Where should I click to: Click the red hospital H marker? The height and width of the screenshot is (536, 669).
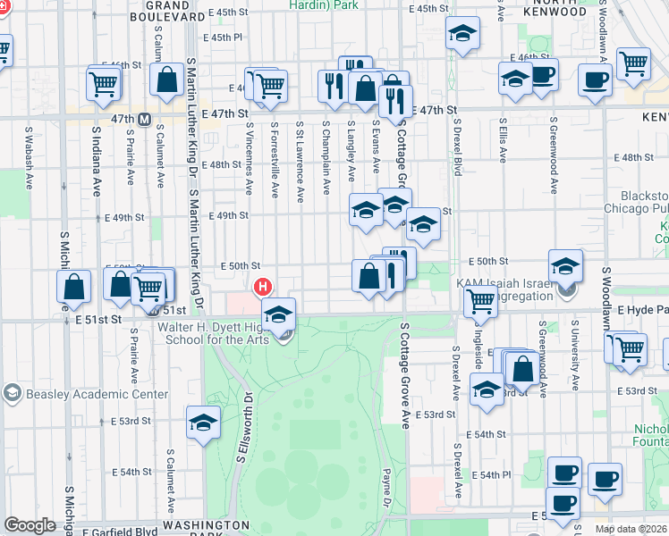(263, 287)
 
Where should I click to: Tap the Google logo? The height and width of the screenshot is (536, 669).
(30, 525)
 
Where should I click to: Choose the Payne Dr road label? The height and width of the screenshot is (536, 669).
(387, 487)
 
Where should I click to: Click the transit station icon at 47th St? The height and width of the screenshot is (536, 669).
(143, 118)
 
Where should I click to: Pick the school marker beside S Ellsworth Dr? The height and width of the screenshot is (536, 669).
(203, 423)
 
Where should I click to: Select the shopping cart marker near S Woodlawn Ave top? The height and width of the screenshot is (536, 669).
(633, 63)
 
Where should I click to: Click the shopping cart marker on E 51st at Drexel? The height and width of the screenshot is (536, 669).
(480, 304)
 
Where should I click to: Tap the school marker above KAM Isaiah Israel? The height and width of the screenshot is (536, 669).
(565, 265)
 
